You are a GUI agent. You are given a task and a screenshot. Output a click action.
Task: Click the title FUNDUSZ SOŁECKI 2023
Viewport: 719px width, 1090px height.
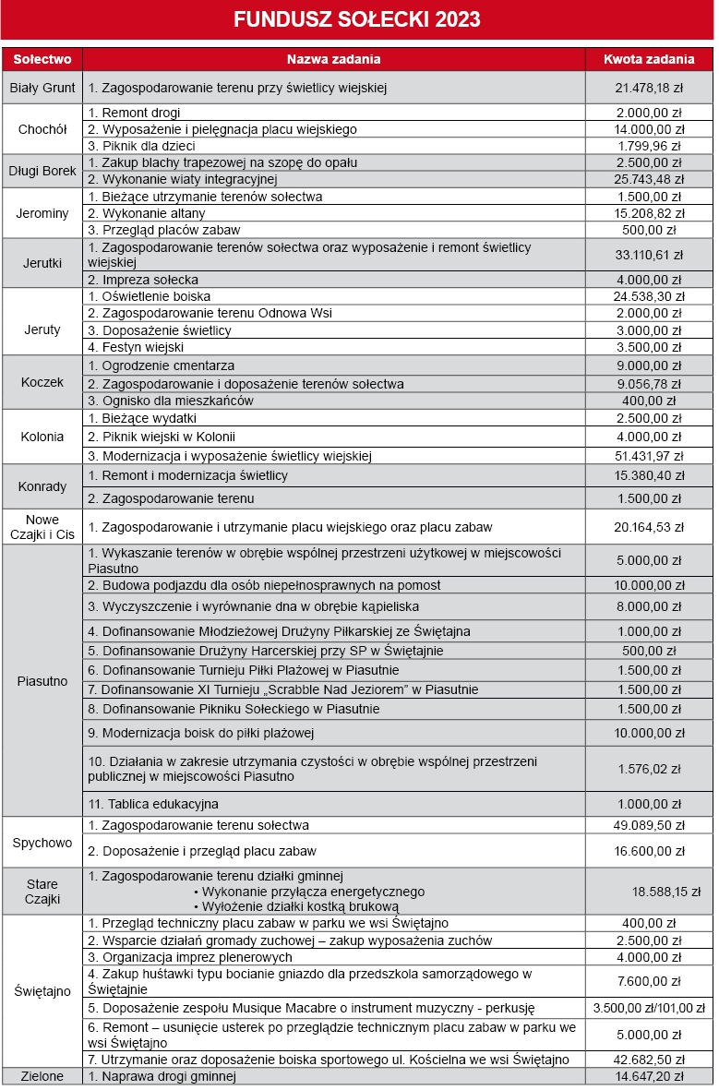[x=357, y=19]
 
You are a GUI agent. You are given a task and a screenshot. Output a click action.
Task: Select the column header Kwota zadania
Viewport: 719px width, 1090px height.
[x=649, y=59]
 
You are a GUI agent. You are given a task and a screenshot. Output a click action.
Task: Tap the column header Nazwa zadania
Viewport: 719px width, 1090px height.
[x=333, y=59]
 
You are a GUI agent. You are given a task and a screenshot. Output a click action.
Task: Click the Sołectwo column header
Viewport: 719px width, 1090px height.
[x=42, y=59]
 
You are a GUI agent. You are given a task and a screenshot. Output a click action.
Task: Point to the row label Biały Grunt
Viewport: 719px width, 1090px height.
[x=42, y=89]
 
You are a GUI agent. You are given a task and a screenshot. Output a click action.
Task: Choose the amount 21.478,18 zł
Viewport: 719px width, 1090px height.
[x=649, y=89]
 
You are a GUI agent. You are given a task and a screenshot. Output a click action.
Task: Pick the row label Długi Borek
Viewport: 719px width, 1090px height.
[x=42, y=171]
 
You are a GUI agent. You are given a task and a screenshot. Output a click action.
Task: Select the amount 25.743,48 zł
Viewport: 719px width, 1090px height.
[x=649, y=179]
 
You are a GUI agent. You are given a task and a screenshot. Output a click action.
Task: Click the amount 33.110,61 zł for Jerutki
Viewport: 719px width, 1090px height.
[x=649, y=255]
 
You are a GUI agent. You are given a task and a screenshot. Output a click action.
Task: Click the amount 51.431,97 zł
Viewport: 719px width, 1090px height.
[x=649, y=456]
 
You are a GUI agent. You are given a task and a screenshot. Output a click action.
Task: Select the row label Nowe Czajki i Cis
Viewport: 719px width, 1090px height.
[x=42, y=527]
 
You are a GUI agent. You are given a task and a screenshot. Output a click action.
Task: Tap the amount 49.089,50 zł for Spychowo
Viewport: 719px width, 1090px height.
[x=649, y=825]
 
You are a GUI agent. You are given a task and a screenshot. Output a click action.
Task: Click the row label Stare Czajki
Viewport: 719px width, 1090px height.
[x=42, y=892]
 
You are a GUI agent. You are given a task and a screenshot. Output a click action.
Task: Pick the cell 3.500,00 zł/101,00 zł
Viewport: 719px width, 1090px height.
[x=649, y=1009]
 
